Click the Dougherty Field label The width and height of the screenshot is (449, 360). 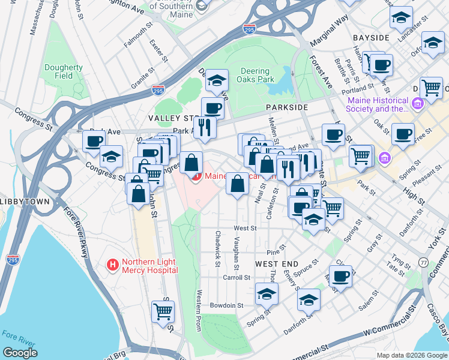click(63, 72)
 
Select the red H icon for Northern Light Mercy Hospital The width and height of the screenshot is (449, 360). click(112, 264)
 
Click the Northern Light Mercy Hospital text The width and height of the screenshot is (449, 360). click(150, 266)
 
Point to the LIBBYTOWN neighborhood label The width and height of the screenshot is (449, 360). click(25, 202)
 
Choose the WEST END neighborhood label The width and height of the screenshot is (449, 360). click(276, 264)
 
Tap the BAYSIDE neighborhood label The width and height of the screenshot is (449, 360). click(371, 37)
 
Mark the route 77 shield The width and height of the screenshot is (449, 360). click(424, 262)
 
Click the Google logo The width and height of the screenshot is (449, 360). click(20, 352)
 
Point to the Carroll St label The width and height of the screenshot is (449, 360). click(236, 278)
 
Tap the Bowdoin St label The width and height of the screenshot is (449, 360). click(231, 305)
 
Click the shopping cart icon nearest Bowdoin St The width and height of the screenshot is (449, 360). click(163, 311)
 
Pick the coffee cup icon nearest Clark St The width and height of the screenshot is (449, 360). click(340, 276)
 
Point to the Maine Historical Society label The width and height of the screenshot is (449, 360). click(377, 104)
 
